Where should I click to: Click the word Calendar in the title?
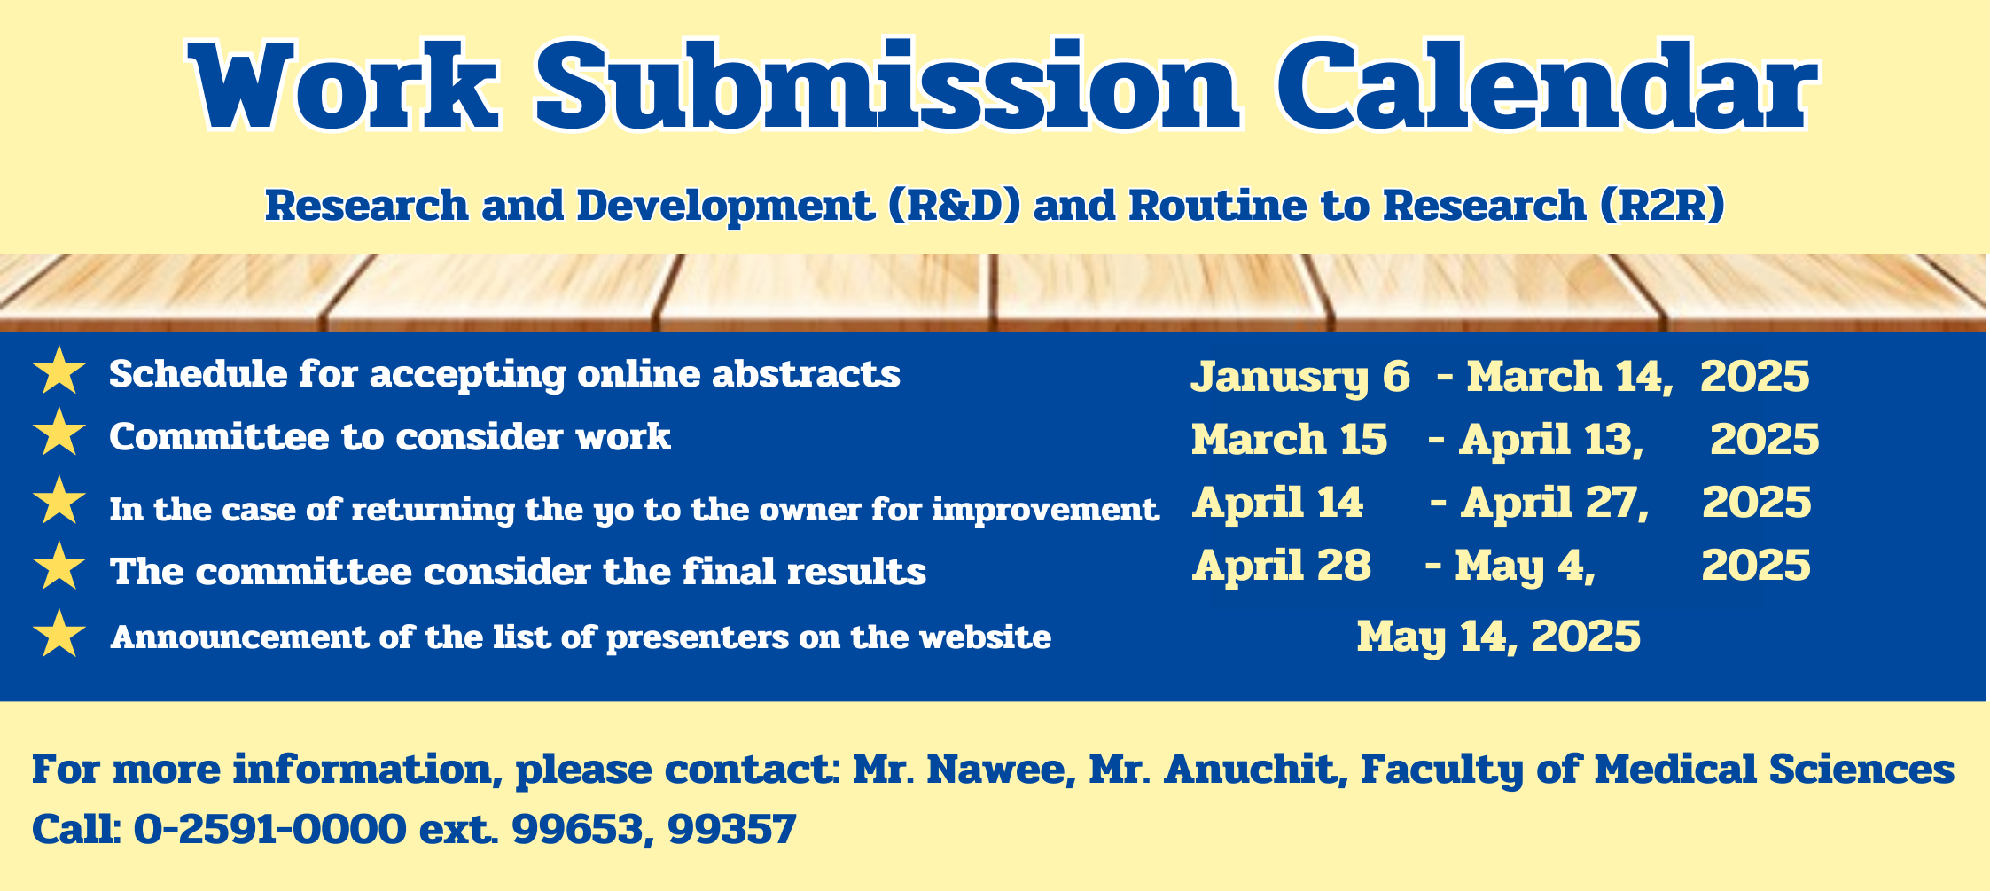pyautogui.click(x=1546, y=87)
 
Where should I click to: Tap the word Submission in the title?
pyautogui.click(x=886, y=87)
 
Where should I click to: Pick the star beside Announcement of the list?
pyautogui.click(x=59, y=633)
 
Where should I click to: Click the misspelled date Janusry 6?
pyautogui.click(x=1299, y=377)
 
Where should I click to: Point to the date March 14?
pyautogui.click(x=1569, y=376)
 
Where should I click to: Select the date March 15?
pyautogui.click(x=1289, y=439)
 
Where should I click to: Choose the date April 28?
pyautogui.click(x=1282, y=566)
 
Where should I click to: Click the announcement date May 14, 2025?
pyautogui.click(x=1498, y=637)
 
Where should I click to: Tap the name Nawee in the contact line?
pyautogui.click(x=1001, y=769)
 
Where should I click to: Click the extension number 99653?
pyautogui.click(x=582, y=830)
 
